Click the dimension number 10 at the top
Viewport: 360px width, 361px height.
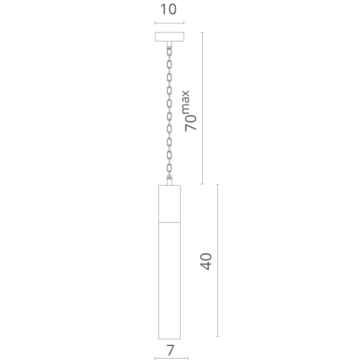point(169,10)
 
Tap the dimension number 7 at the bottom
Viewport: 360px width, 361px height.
point(170,351)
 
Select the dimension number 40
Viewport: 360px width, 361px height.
point(206,261)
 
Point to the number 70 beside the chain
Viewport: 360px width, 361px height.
point(191,123)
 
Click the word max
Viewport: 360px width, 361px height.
point(185,102)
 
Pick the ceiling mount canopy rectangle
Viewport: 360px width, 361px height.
point(169,37)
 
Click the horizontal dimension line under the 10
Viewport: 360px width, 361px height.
point(169,23)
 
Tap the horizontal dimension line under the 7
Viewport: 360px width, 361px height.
point(172,358)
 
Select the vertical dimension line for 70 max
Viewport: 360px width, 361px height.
point(202,108)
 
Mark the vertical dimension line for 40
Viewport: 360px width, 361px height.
point(217,261)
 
